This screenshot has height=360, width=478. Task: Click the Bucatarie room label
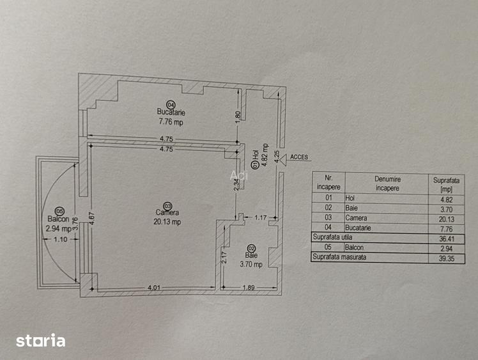pos(171,112)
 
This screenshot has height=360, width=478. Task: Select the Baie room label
pos(251,255)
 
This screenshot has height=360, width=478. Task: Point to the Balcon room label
pos(58,219)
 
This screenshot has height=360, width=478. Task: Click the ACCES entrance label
pos(299,157)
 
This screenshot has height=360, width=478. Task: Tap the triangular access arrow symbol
pos(284,160)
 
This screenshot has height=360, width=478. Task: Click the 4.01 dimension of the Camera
pos(154,287)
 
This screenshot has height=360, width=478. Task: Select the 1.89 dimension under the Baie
pos(249,287)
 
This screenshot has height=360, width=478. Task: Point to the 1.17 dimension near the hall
pos(260,217)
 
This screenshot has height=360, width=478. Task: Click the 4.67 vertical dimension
pos(92,219)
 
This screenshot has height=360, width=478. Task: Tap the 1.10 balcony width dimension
pos(60,239)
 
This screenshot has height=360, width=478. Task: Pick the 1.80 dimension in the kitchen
pos(238,116)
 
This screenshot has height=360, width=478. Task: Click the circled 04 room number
pos(171,104)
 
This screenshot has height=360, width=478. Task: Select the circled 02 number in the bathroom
pos(252,249)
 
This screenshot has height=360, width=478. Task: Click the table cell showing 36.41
pos(446,239)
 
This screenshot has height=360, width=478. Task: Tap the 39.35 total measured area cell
pos(447,258)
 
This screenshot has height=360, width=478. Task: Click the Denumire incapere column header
pos(387,184)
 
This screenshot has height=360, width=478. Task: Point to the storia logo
pos(40,340)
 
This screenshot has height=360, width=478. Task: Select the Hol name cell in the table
pos(350,198)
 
